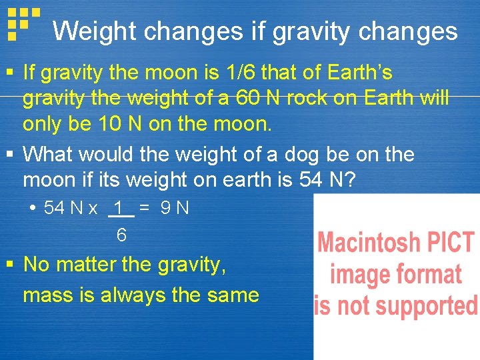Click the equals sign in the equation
point(144,209)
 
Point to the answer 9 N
point(175,209)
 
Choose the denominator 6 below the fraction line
point(121,235)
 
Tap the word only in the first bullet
point(43,125)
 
